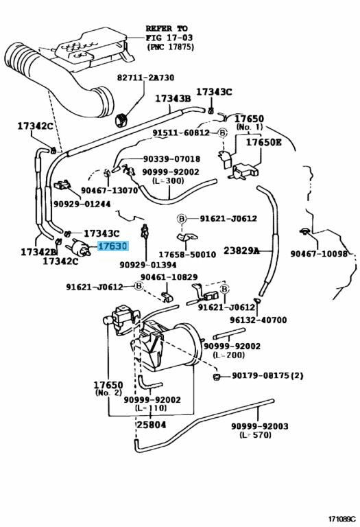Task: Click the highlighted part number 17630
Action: [x=113, y=246]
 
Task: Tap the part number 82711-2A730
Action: [x=146, y=78]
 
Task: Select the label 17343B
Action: [x=173, y=99]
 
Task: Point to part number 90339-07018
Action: [x=171, y=159]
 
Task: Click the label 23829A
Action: [x=241, y=250]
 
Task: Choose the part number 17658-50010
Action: [x=187, y=255]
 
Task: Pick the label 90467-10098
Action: [x=319, y=253]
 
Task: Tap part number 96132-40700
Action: [x=259, y=320]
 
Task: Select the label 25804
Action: [x=151, y=425]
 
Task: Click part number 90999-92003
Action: [x=260, y=426]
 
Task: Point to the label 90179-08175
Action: [x=261, y=375]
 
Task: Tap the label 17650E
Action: [x=264, y=142]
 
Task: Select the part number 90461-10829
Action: [x=169, y=277]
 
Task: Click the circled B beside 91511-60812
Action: [x=222, y=133]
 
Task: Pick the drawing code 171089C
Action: [x=342, y=519]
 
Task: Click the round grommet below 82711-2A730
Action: [x=122, y=120]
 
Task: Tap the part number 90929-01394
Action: [x=147, y=265]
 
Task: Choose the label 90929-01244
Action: [x=82, y=204]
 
